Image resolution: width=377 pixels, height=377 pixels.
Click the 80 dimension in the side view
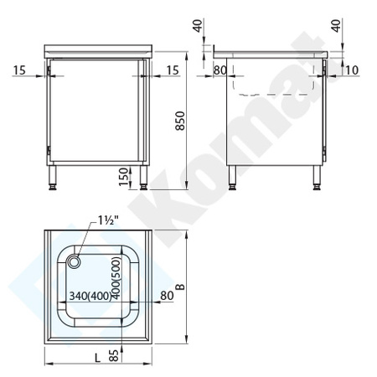(x=220, y=70)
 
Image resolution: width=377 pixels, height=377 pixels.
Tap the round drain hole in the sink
(x=75, y=261)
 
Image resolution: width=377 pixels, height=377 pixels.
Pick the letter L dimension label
(x=98, y=358)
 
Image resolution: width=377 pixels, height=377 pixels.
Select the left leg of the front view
(x=56, y=178)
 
